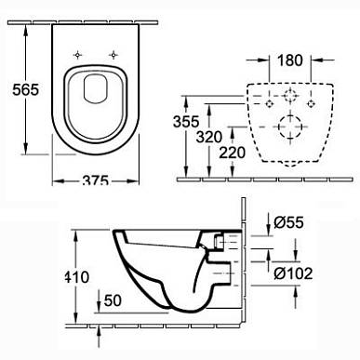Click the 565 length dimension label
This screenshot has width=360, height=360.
point(26,89)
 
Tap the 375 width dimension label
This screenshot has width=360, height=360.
point(95,180)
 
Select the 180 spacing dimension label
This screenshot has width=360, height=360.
point(289,60)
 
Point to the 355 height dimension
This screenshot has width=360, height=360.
point(186,121)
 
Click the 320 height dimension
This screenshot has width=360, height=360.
point(209,137)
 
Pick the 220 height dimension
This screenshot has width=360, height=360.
point(232,153)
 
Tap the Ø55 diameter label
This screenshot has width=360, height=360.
point(288,222)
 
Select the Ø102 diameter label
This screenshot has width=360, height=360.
point(293,273)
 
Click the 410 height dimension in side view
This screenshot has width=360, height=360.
point(76,277)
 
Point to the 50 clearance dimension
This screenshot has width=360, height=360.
point(113,300)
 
